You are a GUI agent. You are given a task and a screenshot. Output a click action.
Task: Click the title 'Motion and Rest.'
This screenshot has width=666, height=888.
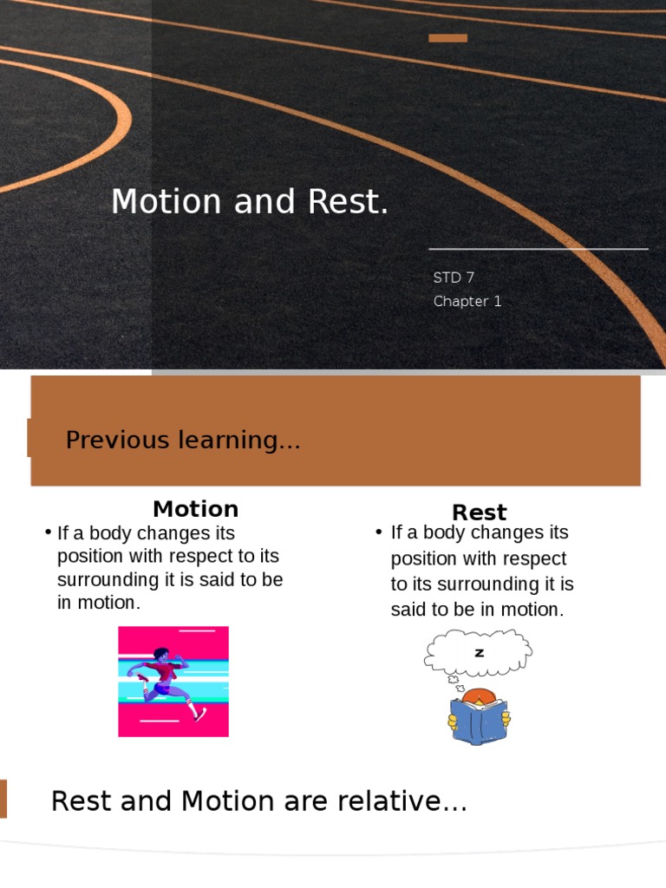[x=250, y=202]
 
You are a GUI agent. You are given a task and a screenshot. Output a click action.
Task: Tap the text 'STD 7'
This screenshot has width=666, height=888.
[x=454, y=277]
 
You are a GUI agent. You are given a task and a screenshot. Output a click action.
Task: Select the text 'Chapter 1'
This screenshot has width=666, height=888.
[x=467, y=302]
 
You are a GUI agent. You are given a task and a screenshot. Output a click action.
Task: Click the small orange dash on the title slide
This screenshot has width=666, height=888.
[x=447, y=38]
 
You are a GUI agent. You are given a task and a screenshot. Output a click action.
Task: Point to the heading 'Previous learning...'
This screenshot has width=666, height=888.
[x=183, y=440]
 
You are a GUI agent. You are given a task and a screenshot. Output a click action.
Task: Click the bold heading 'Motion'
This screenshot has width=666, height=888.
[x=195, y=509]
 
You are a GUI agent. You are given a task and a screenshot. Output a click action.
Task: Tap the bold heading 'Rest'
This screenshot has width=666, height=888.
[x=479, y=513]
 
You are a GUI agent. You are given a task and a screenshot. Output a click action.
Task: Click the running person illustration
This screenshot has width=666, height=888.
[x=173, y=681]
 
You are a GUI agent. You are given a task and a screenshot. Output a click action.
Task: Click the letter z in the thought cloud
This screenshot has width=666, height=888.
[x=479, y=653]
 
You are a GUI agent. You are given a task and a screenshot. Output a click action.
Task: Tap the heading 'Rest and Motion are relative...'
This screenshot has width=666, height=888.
[x=259, y=801]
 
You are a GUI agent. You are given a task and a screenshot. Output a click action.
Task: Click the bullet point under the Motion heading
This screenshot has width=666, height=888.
[x=49, y=532]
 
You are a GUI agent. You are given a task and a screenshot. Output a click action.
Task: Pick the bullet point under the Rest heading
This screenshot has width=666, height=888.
[x=379, y=532]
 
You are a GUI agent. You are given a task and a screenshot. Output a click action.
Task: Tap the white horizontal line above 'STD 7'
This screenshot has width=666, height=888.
[x=539, y=249]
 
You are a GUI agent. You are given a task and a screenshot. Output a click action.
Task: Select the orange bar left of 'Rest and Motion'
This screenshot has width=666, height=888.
[x=3, y=799]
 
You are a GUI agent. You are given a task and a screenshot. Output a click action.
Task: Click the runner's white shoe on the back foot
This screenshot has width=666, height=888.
[x=200, y=713]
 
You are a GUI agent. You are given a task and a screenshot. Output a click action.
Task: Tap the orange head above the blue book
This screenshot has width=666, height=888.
[x=478, y=695]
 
